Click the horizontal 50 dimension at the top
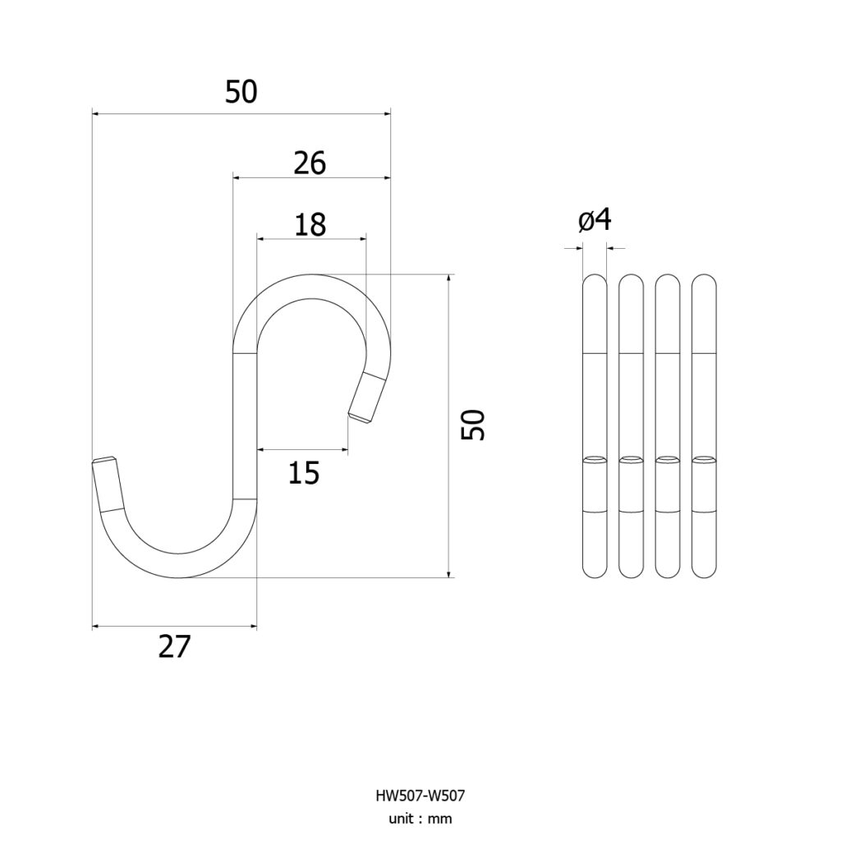241,92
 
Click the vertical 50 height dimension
473,425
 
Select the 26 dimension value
310,163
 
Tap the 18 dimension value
310,225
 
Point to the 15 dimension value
304,472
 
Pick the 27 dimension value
174,646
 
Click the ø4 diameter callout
595,220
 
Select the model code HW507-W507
420,795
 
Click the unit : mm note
420,819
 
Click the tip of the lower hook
103,460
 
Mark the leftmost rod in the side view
595,426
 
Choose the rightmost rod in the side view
704,426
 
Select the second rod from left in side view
631,426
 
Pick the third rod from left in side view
667,426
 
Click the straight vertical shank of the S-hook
245,426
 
